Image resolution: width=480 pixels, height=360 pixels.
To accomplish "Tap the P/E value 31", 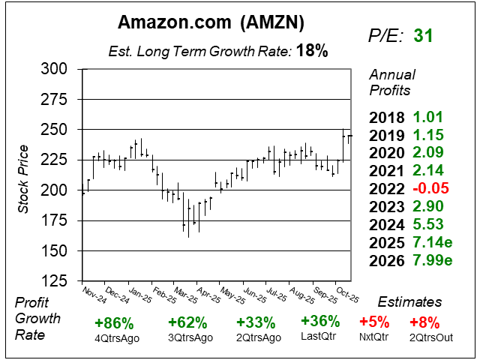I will click(x=423, y=35).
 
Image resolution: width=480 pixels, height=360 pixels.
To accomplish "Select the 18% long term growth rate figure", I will click(x=312, y=51).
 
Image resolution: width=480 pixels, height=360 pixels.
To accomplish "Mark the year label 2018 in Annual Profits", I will click(x=385, y=116).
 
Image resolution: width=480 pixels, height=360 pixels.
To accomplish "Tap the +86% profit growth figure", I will click(x=114, y=323).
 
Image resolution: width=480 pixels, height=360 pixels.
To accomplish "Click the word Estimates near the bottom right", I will click(x=409, y=301).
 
